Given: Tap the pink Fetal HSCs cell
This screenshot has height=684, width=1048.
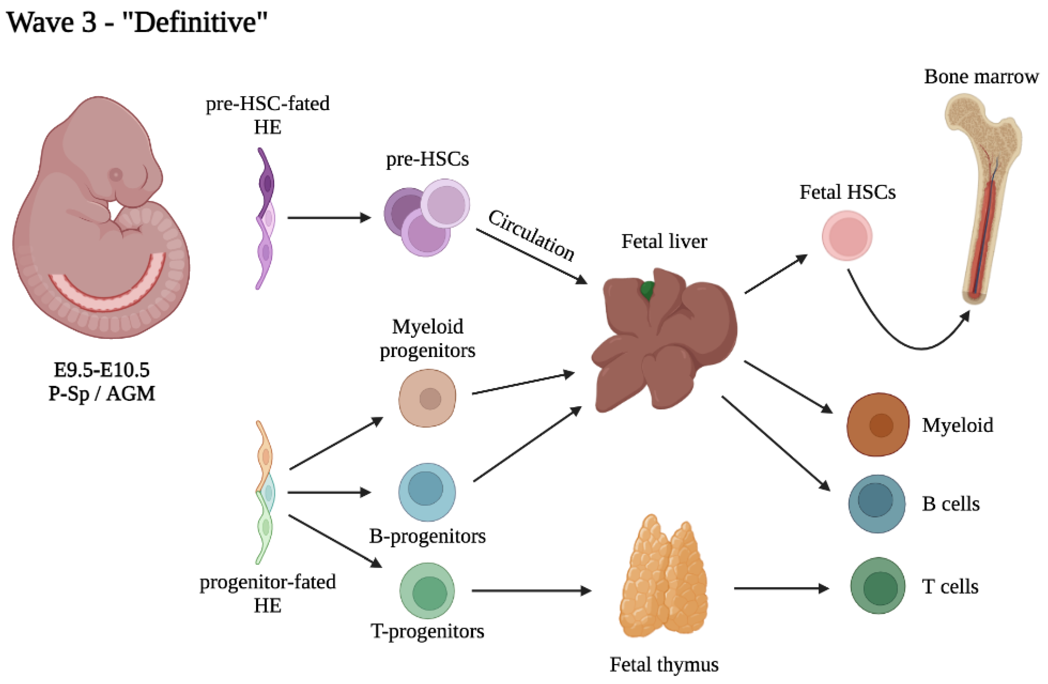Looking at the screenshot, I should tap(847, 236).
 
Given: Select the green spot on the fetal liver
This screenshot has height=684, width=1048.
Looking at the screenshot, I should tap(647, 290).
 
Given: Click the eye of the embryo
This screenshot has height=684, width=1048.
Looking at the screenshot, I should tap(116, 175).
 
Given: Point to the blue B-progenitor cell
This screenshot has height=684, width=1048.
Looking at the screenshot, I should tap(427, 492).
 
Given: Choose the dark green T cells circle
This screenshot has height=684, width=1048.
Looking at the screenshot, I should tap(878, 586).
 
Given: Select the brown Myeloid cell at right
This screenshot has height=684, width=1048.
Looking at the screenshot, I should tap(878, 424).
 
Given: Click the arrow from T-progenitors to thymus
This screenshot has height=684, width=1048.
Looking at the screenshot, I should tap(531, 591).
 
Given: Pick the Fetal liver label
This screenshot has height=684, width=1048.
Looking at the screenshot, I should tap(664, 241).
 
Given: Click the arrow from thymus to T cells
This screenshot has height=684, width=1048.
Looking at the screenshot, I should tap(781, 588).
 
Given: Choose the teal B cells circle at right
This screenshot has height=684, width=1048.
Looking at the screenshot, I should tap(877, 504).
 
